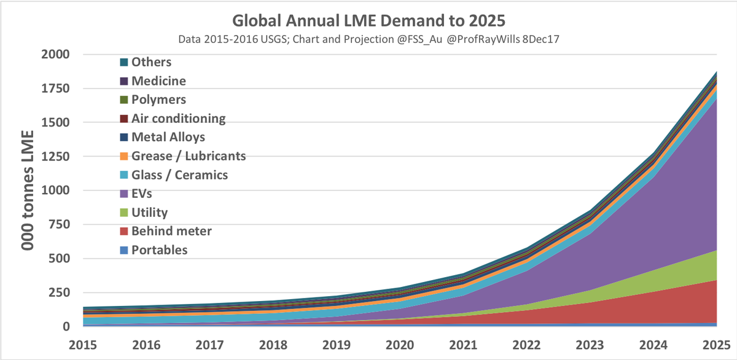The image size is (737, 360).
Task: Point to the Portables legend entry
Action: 159,250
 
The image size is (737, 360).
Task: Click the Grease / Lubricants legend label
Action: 189,156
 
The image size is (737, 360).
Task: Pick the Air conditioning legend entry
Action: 178,119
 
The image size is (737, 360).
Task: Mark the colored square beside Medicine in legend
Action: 124,81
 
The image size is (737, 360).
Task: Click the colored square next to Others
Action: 124,62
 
